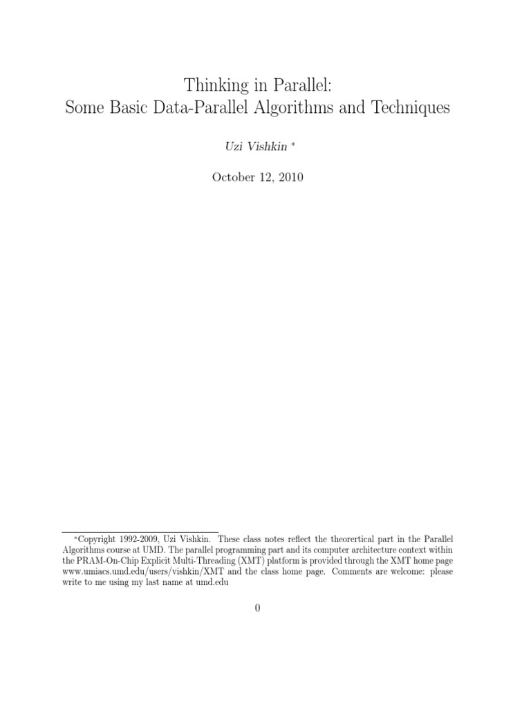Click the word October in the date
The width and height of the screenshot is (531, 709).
(234, 177)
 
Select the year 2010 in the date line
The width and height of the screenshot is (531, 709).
(290, 177)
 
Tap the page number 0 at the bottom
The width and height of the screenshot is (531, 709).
(257, 609)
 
